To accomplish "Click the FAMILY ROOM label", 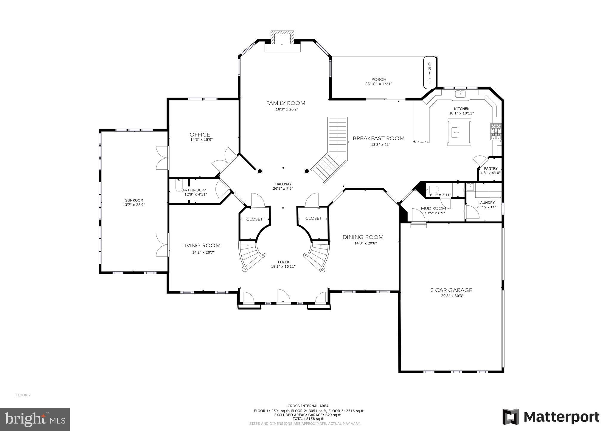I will (285, 103).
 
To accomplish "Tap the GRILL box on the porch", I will (429, 73).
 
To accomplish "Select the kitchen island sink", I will (455, 132).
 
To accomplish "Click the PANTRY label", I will (491, 168).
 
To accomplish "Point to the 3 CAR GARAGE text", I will (451, 290).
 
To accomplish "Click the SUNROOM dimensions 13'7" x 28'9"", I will (134, 205).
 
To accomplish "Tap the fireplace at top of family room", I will (282, 38).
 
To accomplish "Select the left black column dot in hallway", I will (260, 171).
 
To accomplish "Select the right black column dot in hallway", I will (307, 171).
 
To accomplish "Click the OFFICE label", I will (200, 135).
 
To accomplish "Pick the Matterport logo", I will (551, 417).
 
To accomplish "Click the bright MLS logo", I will (35, 420).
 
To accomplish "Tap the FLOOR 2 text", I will (23, 395).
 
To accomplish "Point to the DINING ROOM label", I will (363, 237).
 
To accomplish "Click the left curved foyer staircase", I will (250, 256).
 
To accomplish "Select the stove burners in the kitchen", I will (496, 132).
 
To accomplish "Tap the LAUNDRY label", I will (486, 203).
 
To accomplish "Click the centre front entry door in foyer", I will (283, 296).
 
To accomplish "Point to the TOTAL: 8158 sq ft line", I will (308, 419).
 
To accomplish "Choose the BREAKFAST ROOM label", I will (378, 138).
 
